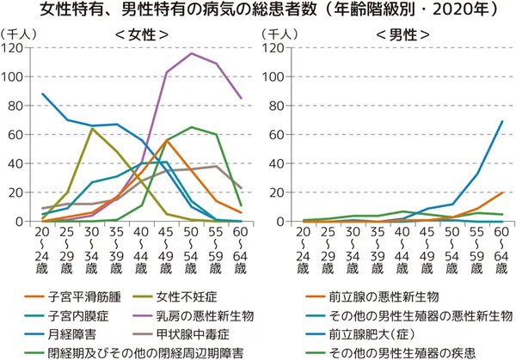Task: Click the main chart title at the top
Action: point(258,11)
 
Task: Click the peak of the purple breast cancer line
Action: point(190,53)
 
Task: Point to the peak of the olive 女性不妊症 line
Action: point(92,129)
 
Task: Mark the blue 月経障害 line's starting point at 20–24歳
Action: point(43,94)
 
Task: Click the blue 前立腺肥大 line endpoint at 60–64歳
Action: point(502,121)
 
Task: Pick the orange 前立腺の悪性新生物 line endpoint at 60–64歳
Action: point(502,192)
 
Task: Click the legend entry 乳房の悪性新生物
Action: point(209,316)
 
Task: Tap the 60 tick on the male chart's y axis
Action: point(276,135)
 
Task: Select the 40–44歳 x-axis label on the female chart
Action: point(141,249)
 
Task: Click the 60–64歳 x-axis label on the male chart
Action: point(502,249)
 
